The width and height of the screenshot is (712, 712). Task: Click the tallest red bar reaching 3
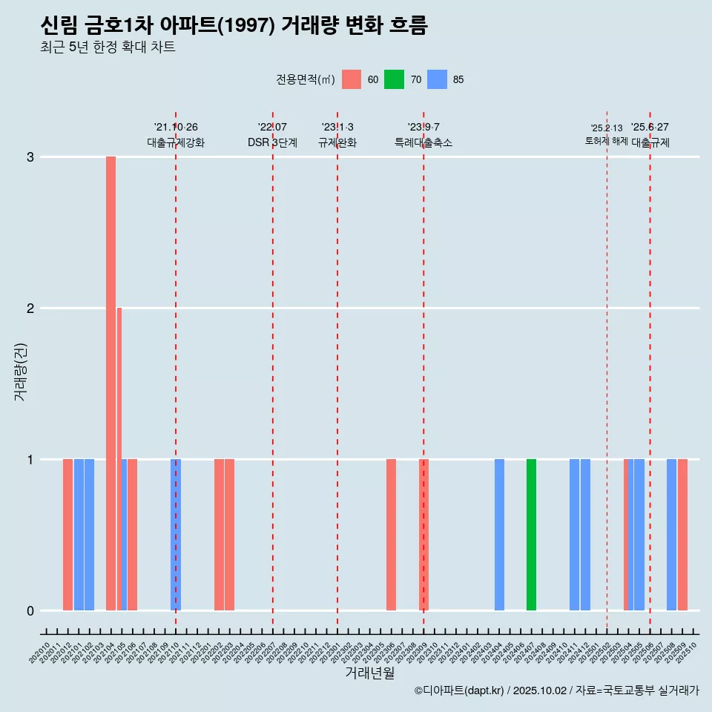(111, 383)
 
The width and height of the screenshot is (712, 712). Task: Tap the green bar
(531, 535)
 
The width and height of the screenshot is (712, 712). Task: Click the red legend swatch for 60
(352, 79)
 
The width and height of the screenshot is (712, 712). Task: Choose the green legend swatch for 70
(394, 79)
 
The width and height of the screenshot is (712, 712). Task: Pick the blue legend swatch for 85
(438, 79)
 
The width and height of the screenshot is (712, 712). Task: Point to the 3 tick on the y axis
(30, 157)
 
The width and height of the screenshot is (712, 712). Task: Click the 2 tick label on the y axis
(30, 309)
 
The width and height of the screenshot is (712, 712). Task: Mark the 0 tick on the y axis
(30, 611)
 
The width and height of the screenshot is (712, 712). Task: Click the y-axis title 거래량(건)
(21, 371)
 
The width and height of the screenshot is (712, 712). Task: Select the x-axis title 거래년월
(369, 673)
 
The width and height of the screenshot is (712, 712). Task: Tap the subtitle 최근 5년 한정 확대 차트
(108, 47)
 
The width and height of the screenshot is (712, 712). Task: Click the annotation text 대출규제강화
(176, 142)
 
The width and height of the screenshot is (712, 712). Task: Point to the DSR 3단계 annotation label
(272, 142)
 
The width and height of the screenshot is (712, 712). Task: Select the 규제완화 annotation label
(337, 142)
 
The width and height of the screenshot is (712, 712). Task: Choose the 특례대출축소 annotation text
(423, 142)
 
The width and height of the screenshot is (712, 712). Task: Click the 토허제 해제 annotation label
(607, 140)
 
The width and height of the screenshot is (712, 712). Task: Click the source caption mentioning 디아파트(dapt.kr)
(556, 690)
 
